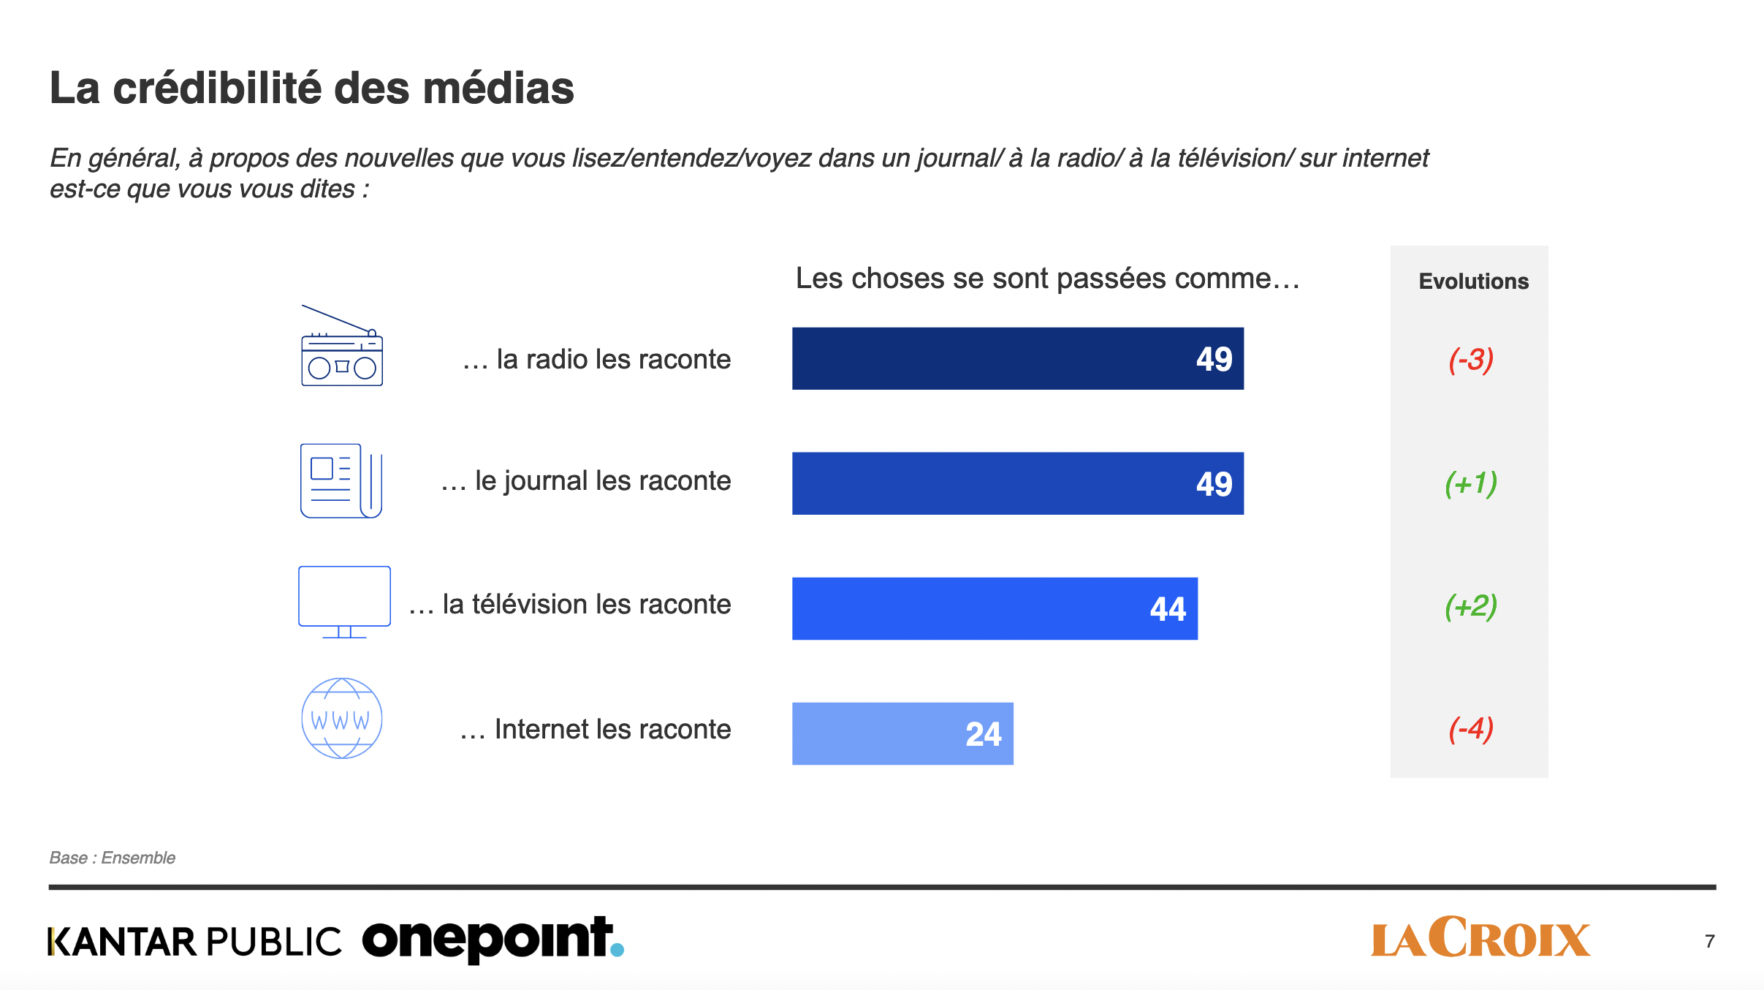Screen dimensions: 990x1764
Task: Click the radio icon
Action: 342,347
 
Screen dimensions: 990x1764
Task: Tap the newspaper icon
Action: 341,480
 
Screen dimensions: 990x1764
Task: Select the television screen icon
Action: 344,601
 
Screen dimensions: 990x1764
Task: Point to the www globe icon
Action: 341,718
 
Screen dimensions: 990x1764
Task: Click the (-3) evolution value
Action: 1470,360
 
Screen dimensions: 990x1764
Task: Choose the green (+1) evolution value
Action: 1470,483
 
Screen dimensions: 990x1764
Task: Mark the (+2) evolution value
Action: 1470,606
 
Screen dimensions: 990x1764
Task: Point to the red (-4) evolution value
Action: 1470,729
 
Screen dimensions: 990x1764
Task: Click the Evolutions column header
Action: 1473,281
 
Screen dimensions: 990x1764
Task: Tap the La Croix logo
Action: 1480,938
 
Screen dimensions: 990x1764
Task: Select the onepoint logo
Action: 493,940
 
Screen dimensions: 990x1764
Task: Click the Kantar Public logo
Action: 194,942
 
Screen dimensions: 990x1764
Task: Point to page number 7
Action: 1709,941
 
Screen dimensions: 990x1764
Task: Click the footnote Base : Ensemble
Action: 113,858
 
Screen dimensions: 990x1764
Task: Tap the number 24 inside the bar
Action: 983,734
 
